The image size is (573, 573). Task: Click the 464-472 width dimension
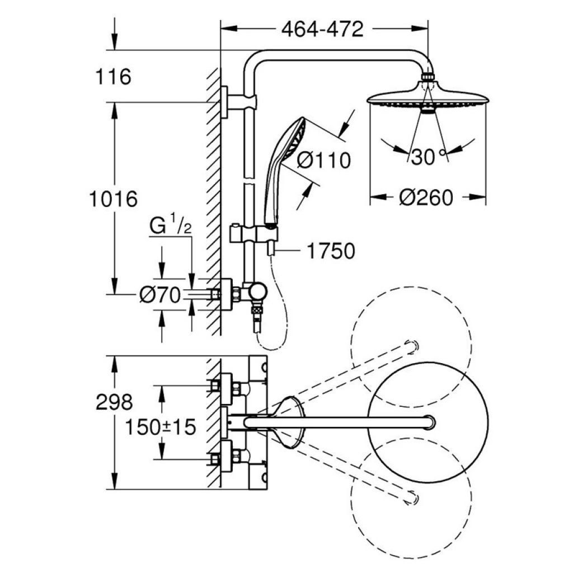coord(322,29)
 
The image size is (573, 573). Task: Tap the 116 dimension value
coord(113,77)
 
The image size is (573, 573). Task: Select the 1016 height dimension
coord(113,199)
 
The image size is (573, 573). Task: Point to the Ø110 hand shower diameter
coord(324,160)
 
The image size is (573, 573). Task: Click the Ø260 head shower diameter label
coord(426,198)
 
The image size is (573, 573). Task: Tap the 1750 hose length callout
coord(331,251)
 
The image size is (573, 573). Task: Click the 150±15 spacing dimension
coord(161,426)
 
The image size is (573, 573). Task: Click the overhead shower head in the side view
coord(428,96)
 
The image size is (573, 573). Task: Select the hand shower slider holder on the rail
coord(253,234)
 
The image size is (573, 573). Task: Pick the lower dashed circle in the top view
coord(411,558)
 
